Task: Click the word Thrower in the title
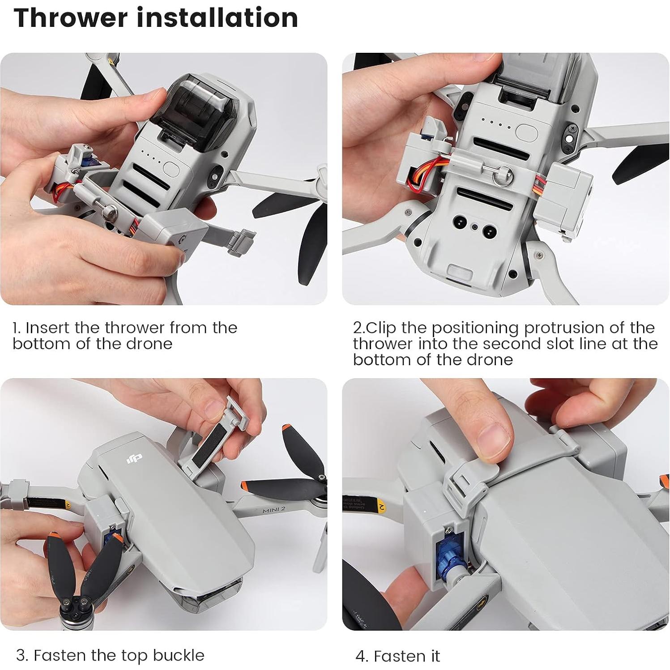[71, 18]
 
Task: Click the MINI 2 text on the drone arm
[273, 510]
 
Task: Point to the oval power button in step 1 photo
[172, 168]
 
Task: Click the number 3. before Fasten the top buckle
[22, 655]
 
